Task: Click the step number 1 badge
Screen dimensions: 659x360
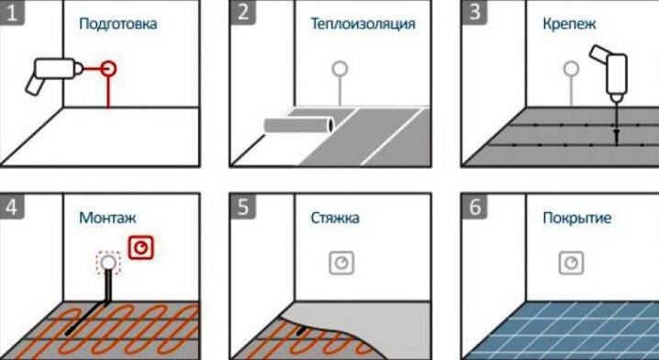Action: [12, 12]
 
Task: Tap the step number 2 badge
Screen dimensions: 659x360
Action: [243, 12]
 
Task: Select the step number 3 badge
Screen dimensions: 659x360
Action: [475, 12]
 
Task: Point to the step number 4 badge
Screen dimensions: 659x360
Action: [12, 207]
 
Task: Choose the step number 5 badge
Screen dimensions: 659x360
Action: [243, 207]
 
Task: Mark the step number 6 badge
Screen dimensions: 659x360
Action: [475, 207]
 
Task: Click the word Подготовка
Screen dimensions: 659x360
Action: [118, 24]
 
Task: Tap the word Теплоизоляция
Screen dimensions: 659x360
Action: [363, 24]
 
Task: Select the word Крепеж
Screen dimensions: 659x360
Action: [569, 24]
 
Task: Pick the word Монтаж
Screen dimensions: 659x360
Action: [107, 218]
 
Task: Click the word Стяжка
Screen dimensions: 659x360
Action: [335, 218]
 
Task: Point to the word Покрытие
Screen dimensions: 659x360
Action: [577, 218]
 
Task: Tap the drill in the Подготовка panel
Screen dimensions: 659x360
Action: [55, 74]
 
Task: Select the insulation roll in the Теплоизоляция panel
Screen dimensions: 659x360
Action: [299, 125]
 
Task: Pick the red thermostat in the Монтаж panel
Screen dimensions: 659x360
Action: [140, 248]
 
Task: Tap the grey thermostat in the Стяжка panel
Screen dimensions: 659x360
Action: [341, 263]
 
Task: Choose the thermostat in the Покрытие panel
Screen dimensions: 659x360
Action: [571, 263]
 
